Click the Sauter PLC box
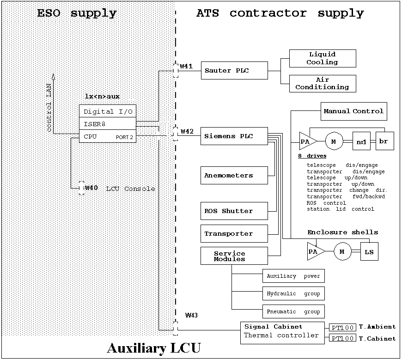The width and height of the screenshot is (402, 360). [234, 71]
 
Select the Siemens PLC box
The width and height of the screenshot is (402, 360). [234, 136]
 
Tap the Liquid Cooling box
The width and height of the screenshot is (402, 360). [323, 58]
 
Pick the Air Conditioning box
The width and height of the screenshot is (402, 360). [323, 83]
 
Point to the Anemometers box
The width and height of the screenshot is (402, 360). [234, 176]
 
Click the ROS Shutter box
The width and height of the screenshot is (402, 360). [234, 211]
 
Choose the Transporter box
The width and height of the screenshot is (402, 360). [234, 233]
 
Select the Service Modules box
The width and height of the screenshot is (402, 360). [234, 256]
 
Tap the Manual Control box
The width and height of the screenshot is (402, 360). [353, 111]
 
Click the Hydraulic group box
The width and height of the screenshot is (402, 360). [293, 293]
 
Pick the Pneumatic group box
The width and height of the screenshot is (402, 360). [293, 311]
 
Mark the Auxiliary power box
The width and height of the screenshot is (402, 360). [293, 276]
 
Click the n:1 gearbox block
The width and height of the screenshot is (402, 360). [361, 141]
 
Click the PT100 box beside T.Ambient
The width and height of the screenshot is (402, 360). [342, 328]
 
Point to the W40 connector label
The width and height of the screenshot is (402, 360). [91, 188]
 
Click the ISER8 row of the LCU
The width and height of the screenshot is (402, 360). [107, 123]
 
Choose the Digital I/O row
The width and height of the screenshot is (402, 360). [107, 111]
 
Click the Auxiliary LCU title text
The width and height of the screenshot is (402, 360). [154, 348]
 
